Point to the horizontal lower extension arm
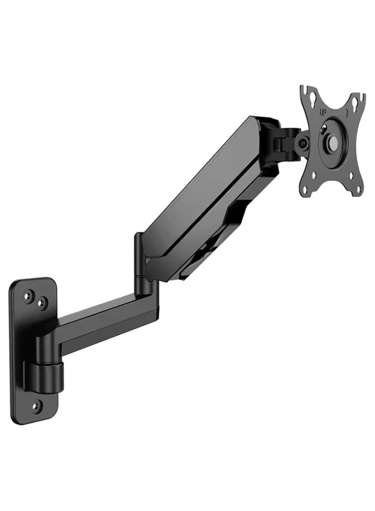coord(104,320)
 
